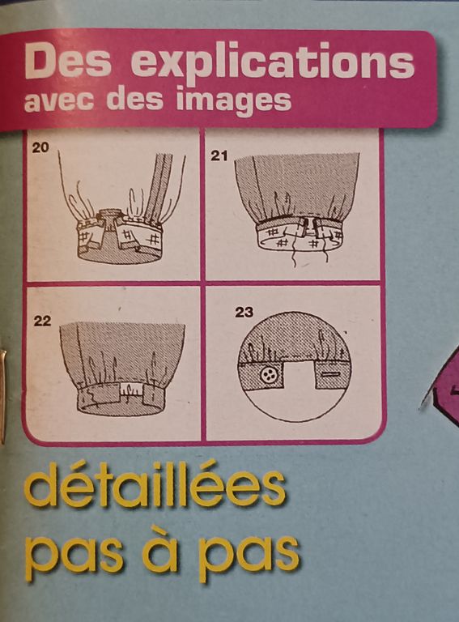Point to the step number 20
point(40,147)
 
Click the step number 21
point(219,155)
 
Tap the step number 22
point(42,321)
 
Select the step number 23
point(244,313)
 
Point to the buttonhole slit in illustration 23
point(331,374)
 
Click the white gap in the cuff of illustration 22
point(130,390)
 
